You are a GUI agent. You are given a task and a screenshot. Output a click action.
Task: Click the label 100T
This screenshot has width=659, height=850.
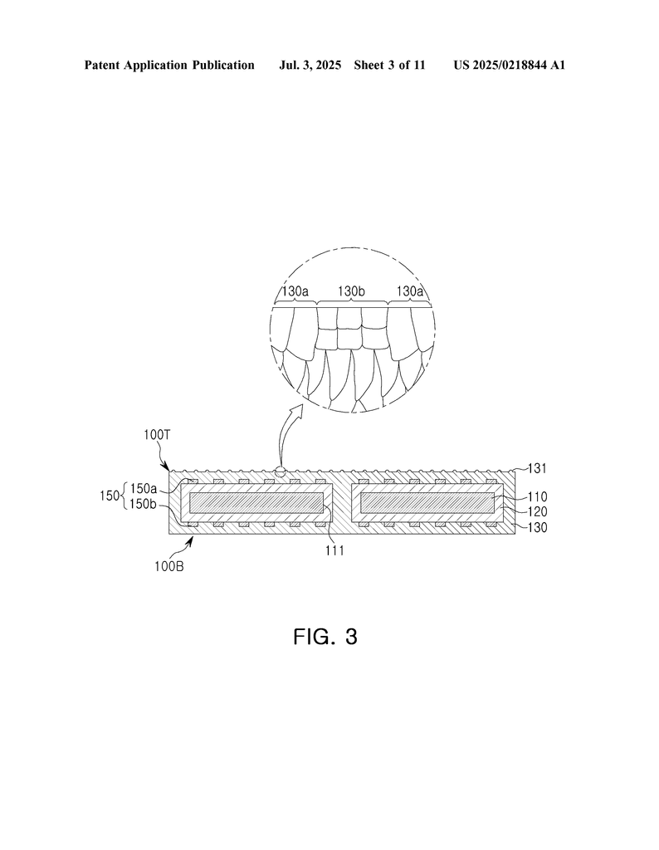(x=158, y=434)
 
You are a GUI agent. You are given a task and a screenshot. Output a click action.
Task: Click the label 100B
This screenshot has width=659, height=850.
(x=169, y=566)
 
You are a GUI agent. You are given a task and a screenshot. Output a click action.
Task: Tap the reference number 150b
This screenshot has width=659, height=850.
(x=143, y=504)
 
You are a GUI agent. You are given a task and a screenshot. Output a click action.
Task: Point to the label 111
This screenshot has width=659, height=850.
(x=335, y=551)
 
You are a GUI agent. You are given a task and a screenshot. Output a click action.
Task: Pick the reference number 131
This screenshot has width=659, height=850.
(x=537, y=468)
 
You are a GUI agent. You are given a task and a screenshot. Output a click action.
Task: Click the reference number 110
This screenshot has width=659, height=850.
(x=537, y=496)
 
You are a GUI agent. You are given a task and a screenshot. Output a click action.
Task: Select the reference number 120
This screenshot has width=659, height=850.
(x=537, y=511)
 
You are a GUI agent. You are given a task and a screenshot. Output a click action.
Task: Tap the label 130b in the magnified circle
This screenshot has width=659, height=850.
(x=351, y=291)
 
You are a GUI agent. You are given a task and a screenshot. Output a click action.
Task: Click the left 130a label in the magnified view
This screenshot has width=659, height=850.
(x=295, y=291)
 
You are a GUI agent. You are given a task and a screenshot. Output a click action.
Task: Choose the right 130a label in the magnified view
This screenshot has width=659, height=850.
(x=410, y=291)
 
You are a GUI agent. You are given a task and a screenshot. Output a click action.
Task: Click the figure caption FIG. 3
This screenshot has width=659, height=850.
(x=325, y=637)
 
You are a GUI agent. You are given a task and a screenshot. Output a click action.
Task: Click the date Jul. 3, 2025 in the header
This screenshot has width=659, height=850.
(x=310, y=66)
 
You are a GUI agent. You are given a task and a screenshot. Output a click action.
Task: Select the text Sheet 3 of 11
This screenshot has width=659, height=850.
(x=389, y=66)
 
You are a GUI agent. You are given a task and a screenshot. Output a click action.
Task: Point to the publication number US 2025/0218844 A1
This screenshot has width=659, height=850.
(x=510, y=66)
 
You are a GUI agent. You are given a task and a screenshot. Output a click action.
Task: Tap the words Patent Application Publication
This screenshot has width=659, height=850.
(x=169, y=66)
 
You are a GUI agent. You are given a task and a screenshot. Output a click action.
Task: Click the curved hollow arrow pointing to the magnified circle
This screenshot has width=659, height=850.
(x=286, y=433)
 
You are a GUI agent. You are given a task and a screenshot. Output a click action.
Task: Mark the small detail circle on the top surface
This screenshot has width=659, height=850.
(x=281, y=471)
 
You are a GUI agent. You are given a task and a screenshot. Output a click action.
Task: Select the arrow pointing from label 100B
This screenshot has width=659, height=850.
(x=188, y=545)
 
